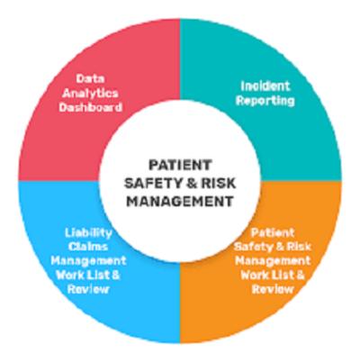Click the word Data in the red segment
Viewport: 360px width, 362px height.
pos(90,78)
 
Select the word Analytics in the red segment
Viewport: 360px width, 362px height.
pos(90,94)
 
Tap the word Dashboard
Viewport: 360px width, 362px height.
pos(90,107)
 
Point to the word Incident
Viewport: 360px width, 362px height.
pos(265,86)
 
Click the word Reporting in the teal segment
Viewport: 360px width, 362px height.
pos(265,101)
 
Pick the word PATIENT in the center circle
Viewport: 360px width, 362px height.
pos(180,165)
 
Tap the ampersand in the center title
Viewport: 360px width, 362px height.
pos(190,183)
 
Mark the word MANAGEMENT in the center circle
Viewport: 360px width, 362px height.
pos(180,201)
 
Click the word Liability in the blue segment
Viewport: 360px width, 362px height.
pos(88,233)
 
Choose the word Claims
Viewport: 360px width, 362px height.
pos(88,247)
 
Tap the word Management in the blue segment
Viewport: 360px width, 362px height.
pos(88,261)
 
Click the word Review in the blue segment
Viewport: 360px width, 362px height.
pos(88,289)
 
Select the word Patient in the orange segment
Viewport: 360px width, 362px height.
pos(273,232)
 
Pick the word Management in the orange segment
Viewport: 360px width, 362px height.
pos(273,261)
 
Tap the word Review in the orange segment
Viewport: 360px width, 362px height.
pos(273,289)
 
